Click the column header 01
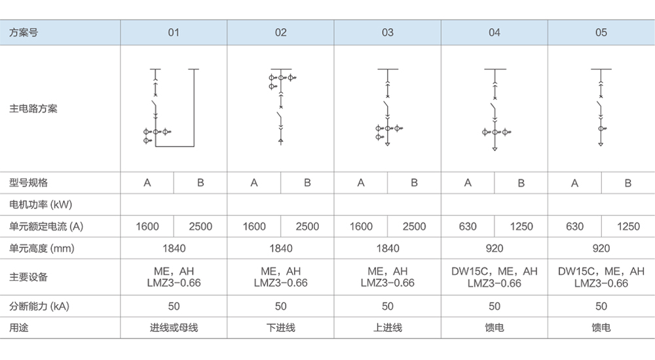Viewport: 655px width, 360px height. tap(174, 33)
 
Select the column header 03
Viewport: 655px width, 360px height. tap(388, 33)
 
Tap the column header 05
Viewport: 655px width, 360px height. tap(601, 33)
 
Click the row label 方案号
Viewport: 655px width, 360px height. tap(24, 33)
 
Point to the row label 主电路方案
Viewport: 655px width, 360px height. tap(33, 109)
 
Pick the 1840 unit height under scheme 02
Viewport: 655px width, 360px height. tap(280, 249)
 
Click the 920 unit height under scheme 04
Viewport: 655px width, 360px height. tap(495, 249)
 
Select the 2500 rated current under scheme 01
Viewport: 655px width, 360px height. tap(200, 226)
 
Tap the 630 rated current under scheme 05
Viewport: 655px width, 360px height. tap(574, 226)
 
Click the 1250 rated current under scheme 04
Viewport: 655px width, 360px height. tap(521, 226)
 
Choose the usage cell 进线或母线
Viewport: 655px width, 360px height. tap(174, 327)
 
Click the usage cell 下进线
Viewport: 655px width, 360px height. tap(280, 327)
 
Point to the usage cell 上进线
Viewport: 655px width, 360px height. tap(388, 327)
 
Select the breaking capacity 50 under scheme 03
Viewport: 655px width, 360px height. tap(388, 306)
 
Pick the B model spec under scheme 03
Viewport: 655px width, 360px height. tap(414, 183)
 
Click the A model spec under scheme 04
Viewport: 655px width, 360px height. tap(468, 183)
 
